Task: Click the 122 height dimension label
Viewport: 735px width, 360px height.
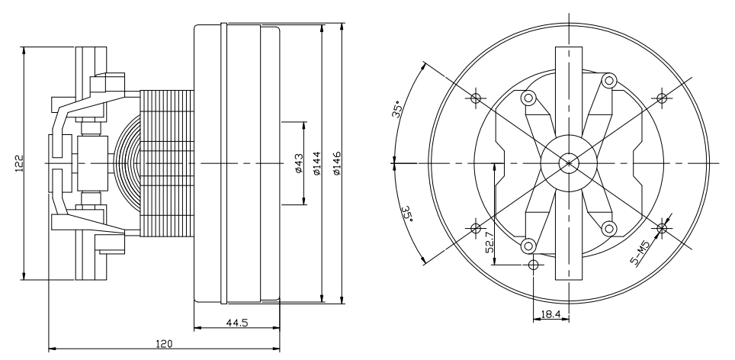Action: [x=19, y=163]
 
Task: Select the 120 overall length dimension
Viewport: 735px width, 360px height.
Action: [x=164, y=343]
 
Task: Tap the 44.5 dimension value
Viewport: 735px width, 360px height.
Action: [x=236, y=323]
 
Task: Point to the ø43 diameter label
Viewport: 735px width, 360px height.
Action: [x=299, y=163]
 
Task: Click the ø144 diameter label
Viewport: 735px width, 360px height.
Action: [x=316, y=163]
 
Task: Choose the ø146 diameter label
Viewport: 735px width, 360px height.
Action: [x=336, y=163]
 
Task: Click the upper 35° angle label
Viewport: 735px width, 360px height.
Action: [x=397, y=109]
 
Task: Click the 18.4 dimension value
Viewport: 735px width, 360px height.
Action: [x=550, y=314]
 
